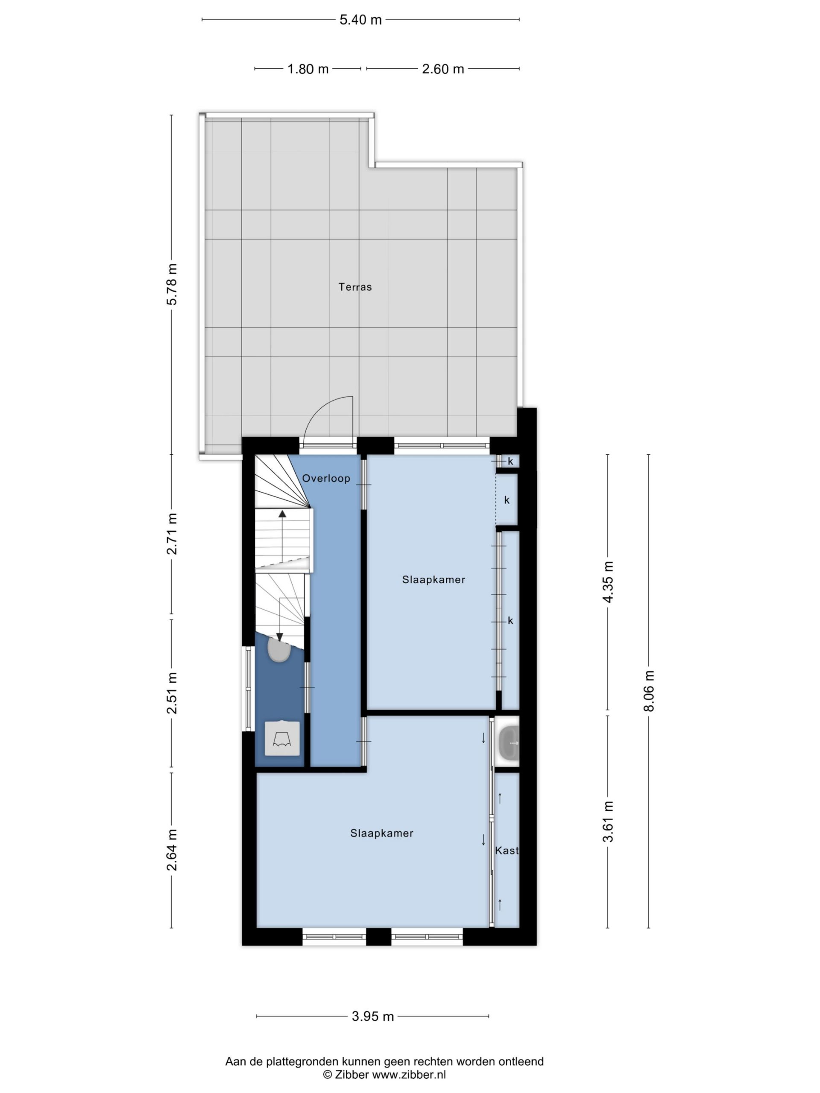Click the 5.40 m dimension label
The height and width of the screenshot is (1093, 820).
click(360, 20)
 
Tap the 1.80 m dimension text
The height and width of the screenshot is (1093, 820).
click(308, 69)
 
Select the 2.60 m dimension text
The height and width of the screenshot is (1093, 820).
click(443, 69)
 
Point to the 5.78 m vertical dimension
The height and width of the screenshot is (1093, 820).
click(172, 285)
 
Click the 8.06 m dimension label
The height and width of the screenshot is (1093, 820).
click(649, 691)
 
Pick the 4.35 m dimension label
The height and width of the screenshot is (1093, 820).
click(608, 582)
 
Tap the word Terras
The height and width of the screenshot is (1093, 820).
click(355, 286)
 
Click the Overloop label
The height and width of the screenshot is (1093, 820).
click(326, 478)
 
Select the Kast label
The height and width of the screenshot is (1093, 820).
click(507, 850)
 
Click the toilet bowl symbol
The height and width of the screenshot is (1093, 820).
click(279, 649)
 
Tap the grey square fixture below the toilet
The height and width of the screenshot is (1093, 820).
click(282, 738)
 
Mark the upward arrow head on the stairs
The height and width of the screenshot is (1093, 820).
click(282, 514)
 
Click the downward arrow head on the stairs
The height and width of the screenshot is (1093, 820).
click(279, 637)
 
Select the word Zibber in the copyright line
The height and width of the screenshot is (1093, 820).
click(352, 1075)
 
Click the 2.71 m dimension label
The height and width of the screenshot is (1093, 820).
click(172, 534)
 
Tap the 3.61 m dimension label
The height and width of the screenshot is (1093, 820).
click(608, 821)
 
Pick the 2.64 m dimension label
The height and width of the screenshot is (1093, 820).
click(172, 850)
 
